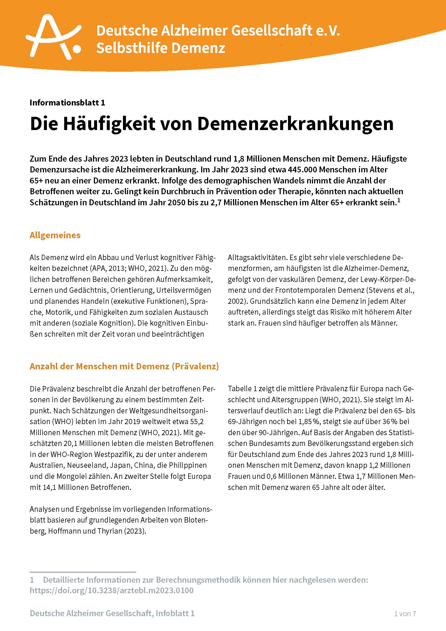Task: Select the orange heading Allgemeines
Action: click(x=55, y=235)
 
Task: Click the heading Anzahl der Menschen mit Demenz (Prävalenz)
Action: click(x=124, y=366)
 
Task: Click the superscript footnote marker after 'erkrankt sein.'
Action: click(x=399, y=201)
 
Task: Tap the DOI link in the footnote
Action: click(x=112, y=590)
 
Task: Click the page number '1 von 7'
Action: click(x=405, y=613)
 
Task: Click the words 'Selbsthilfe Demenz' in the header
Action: click(x=161, y=48)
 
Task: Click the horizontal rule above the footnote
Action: click(x=83, y=572)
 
